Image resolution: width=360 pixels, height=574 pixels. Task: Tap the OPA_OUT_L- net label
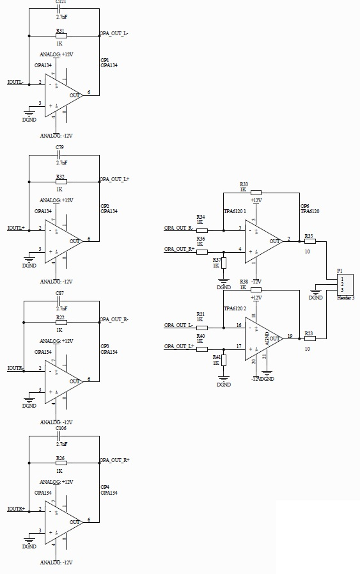[114, 33]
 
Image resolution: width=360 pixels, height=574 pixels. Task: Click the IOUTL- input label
[15, 82]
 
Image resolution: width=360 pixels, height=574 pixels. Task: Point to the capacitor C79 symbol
[60, 155]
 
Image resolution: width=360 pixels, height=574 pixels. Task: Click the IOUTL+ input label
[16, 228]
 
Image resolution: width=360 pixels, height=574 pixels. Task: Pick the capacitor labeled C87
[59, 301]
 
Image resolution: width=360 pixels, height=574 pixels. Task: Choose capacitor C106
[61, 436]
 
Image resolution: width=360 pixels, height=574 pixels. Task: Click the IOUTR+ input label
[16, 509]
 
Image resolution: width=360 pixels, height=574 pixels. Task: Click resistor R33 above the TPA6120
[256, 192]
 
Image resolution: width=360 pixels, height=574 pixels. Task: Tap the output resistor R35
[309, 242]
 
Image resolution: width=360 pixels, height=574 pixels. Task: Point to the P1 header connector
[345, 285]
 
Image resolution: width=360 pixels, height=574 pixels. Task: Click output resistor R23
[309, 338]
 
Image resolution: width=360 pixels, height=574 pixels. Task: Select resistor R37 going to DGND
[224, 263]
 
